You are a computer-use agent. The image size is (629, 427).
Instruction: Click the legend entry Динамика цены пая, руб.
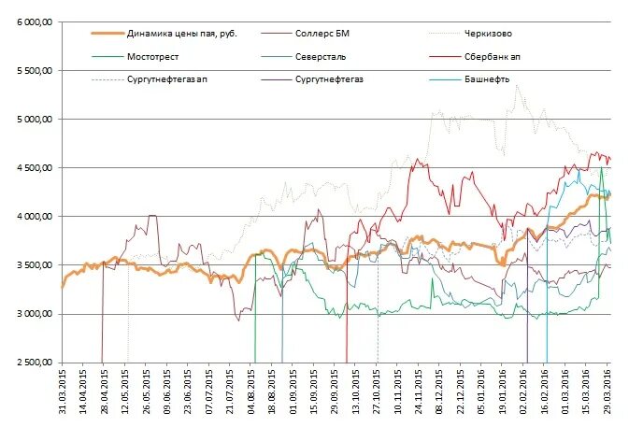[181, 34]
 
